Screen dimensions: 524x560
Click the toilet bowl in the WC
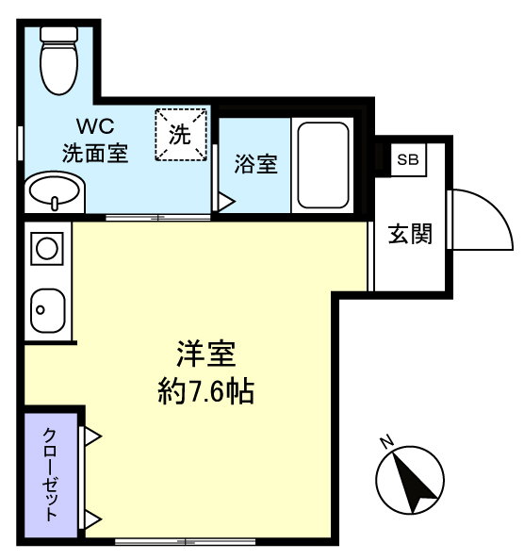tap(58, 68)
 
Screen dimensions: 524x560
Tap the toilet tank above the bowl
tap(59, 34)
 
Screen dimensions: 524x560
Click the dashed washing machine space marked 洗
tap(181, 135)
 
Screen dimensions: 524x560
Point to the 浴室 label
tap(255, 164)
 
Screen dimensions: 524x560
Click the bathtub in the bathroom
tap(323, 165)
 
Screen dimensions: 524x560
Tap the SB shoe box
tap(408, 159)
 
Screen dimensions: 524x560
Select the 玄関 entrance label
tap(410, 235)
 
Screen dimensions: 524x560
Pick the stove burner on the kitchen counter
tap(47, 249)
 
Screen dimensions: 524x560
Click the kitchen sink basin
tap(48, 310)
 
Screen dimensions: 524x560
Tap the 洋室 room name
tap(206, 354)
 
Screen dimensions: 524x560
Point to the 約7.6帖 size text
tap(206, 391)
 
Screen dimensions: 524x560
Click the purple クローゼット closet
tap(51, 474)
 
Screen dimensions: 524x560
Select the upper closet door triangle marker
tap(92, 436)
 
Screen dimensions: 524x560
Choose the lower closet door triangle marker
tap(92, 519)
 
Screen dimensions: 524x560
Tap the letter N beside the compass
tap(386, 441)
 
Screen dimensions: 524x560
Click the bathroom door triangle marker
tap(226, 202)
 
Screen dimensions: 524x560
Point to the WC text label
tap(95, 125)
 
